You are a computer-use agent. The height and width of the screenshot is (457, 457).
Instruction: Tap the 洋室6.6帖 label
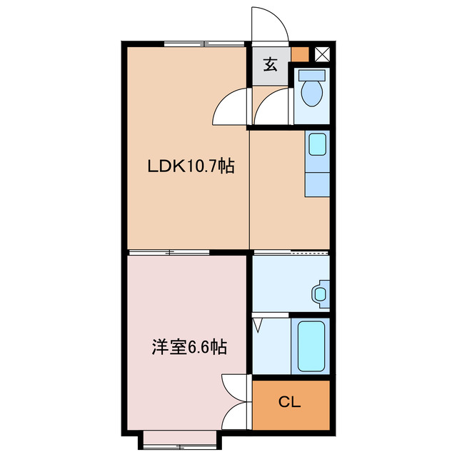click(189, 348)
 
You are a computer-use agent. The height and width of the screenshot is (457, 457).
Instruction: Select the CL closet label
click(289, 403)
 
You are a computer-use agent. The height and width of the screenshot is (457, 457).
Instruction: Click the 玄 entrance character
click(271, 64)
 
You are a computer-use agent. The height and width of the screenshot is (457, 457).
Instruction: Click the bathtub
click(310, 346)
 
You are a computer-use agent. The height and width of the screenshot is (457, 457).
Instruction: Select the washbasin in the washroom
click(318, 293)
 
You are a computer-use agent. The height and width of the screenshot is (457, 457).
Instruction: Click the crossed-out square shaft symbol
click(322, 53)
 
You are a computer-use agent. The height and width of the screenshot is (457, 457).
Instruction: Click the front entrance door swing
click(269, 26)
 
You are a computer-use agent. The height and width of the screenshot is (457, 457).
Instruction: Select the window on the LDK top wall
click(204, 44)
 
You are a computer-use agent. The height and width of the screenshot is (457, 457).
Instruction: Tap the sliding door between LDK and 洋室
click(169, 252)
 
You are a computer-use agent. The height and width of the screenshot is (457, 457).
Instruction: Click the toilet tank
click(311, 74)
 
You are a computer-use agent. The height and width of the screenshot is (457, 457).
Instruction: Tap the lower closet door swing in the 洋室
click(236, 415)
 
